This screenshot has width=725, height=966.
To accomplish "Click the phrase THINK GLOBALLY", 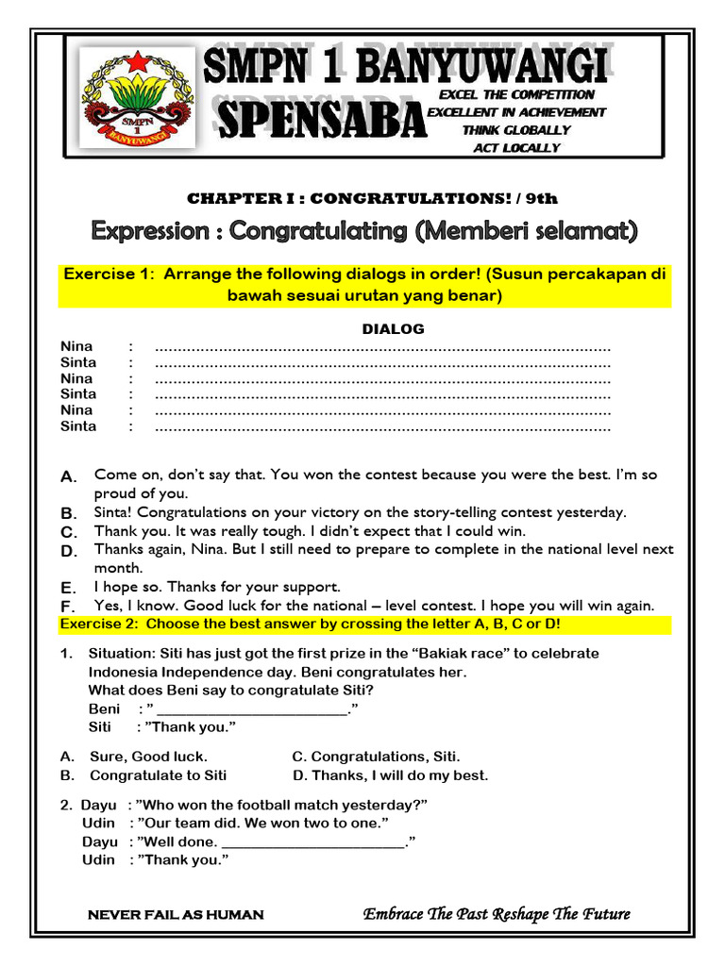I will [x=515, y=130].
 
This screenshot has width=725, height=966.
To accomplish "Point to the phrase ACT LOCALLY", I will [x=515, y=148].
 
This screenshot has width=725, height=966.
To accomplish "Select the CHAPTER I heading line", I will [x=372, y=198].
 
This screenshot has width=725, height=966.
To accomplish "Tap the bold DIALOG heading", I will [x=394, y=329].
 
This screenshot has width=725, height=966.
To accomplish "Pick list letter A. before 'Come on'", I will [x=68, y=477].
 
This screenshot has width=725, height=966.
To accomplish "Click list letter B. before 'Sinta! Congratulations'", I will [x=68, y=513].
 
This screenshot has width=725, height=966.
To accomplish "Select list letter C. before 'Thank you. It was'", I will [x=68, y=532].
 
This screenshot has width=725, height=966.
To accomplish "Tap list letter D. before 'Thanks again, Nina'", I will [x=68, y=551].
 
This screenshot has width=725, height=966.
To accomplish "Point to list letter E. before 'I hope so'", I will [x=68, y=588].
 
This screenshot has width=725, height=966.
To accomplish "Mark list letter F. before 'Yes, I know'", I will [x=68, y=606].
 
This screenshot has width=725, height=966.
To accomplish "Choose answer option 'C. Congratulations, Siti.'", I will [x=377, y=757].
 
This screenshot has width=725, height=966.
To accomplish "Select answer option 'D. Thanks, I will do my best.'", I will [x=390, y=775].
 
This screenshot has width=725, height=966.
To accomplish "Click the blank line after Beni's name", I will [x=252, y=709].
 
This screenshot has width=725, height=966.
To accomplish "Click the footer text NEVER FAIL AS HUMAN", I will [x=176, y=915].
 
